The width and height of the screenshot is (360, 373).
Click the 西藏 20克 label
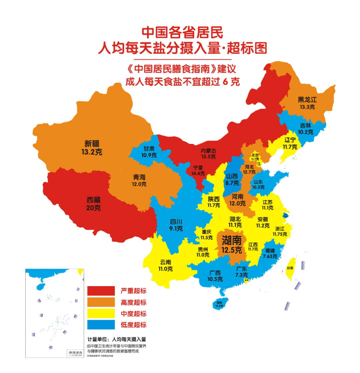(x=93, y=204)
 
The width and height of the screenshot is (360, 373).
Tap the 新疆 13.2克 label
(x=91, y=148)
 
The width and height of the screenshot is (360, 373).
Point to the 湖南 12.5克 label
(x=232, y=244)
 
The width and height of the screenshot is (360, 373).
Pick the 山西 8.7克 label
(x=232, y=179)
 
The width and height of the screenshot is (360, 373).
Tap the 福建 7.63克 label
(x=270, y=253)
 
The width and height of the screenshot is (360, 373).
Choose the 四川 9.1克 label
(x=176, y=225)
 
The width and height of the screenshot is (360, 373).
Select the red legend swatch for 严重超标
(x=101, y=291)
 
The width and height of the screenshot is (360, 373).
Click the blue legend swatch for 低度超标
(x=101, y=325)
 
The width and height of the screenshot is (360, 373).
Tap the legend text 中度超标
(x=133, y=314)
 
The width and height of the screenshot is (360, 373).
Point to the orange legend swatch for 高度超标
(x=101, y=302)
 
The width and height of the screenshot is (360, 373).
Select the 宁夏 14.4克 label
(x=198, y=171)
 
